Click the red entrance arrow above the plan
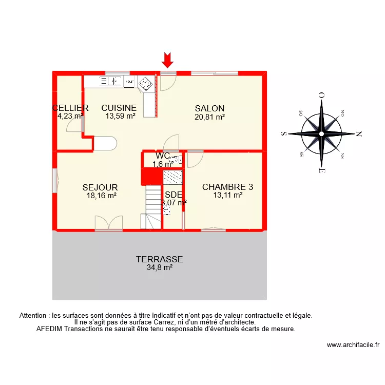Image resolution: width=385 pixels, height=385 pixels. pyautogui.click(x=167, y=60)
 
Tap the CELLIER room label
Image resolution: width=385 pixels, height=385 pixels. pyautogui.click(x=70, y=108)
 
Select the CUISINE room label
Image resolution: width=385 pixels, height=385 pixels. pyautogui.click(x=119, y=108)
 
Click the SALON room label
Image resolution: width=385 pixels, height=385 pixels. pyautogui.click(x=209, y=108)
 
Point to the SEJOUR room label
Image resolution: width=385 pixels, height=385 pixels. pyautogui.click(x=100, y=187)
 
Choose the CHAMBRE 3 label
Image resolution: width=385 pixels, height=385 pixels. pyautogui.click(x=227, y=187)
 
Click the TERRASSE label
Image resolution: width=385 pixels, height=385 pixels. pyautogui.click(x=159, y=259)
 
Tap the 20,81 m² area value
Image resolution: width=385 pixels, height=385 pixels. pyautogui.click(x=209, y=117)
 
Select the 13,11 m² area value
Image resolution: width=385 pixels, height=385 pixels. pyautogui.click(x=227, y=195)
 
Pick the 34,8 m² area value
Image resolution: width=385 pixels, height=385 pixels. pyautogui.click(x=159, y=267)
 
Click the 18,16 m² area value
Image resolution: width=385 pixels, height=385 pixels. pyautogui.click(x=101, y=196)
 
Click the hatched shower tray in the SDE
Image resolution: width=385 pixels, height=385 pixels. pyautogui.click(x=172, y=177)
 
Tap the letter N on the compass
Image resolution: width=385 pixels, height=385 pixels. pyautogui.click(x=359, y=134)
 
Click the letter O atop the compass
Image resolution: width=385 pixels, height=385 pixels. pyautogui.click(x=321, y=95)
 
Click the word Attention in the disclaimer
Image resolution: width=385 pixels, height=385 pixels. pyautogui.click(x=35, y=316)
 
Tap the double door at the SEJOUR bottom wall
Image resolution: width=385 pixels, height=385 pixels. pyautogui.click(x=108, y=223)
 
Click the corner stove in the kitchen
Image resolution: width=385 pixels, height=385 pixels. pyautogui.click(x=145, y=83)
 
